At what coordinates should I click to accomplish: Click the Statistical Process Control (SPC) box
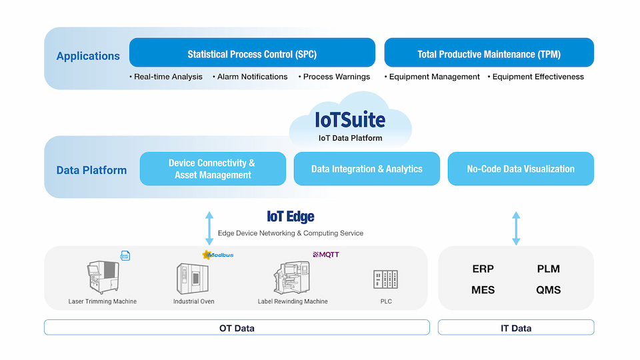[x=252, y=53]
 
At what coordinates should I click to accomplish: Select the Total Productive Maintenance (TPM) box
[x=489, y=53]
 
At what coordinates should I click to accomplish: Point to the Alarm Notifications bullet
[x=252, y=77]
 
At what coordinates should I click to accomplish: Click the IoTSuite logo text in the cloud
[x=350, y=121]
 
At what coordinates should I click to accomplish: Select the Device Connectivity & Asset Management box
[x=213, y=169]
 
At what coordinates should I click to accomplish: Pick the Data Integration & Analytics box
[x=367, y=169]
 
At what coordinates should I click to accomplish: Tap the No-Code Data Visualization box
[x=521, y=169]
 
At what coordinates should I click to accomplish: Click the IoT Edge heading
[x=290, y=217]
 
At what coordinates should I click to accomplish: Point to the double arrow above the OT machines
[x=209, y=228]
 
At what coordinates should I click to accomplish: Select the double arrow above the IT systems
[x=516, y=228]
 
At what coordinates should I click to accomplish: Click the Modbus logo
[x=218, y=255]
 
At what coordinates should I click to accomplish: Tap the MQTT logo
[x=326, y=255]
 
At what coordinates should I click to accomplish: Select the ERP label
[x=483, y=269]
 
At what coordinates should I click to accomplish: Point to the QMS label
[x=548, y=290]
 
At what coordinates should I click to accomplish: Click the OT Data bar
[x=237, y=327]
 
